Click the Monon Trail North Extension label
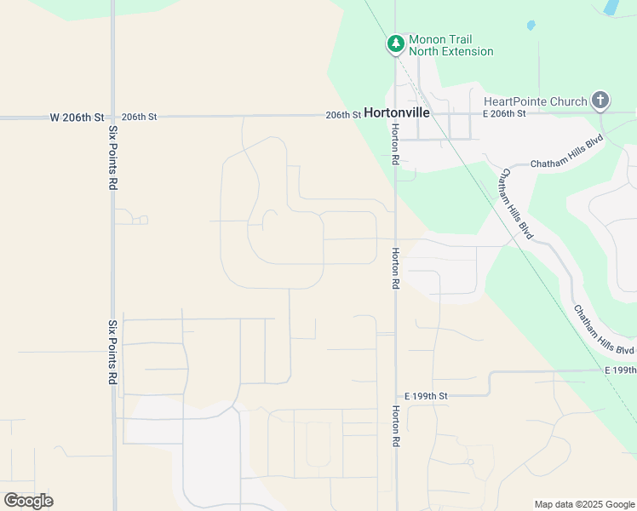[x=450, y=45]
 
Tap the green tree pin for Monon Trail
[x=395, y=43]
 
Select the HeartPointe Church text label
[x=536, y=101]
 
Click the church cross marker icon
[x=600, y=100]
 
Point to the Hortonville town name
[x=397, y=112]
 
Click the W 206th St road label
[x=76, y=117]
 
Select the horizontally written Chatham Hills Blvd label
[x=566, y=163]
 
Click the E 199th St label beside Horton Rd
[x=426, y=396]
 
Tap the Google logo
[x=28, y=501]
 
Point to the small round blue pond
[x=531, y=26]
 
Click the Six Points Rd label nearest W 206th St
[x=112, y=158]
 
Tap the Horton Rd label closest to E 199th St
[x=395, y=427]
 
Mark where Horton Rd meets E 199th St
[x=396, y=397]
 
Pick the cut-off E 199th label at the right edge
[x=620, y=370]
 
